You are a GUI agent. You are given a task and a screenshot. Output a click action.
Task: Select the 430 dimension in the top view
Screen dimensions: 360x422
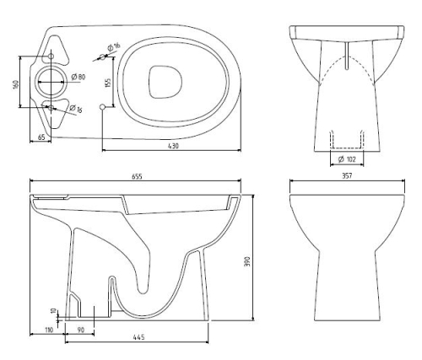pos(172,146)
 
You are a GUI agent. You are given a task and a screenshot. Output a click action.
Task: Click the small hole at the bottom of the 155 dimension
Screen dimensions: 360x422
pos(103,107)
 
